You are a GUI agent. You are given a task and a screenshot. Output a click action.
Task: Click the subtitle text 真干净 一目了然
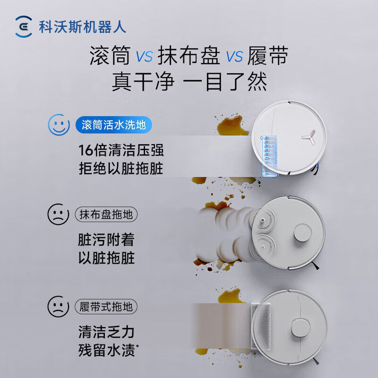point(189,81)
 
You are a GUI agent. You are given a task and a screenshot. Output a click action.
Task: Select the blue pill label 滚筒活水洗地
point(113,125)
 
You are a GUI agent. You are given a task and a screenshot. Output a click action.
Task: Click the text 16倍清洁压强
point(120,150)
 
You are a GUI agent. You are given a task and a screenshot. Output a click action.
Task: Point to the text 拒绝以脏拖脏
point(120,169)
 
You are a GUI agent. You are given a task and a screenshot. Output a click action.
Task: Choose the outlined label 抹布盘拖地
point(106,215)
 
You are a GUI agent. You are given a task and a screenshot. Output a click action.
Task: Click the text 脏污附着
point(106,240)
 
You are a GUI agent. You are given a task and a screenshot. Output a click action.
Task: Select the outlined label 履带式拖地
point(106,307)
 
